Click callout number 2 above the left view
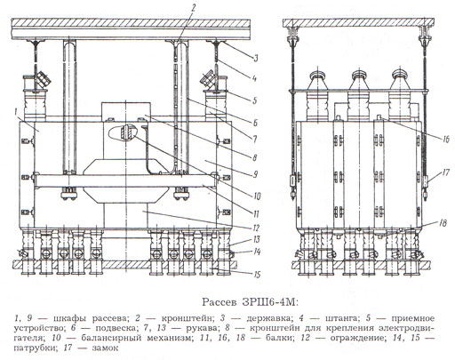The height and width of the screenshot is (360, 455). [193, 7]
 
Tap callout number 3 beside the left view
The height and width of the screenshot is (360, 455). [256, 58]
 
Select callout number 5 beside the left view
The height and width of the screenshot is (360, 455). [254, 100]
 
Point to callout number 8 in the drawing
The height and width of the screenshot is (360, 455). [254, 157]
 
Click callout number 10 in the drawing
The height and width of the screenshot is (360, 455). [257, 196]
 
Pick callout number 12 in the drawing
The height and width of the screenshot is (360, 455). [256, 228]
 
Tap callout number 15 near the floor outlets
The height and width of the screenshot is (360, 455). [257, 275]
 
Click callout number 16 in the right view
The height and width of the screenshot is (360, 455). [445, 139]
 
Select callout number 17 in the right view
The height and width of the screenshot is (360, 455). [445, 172]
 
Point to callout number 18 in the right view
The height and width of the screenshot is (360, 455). [443, 223]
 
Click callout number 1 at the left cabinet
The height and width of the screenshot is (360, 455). [16, 112]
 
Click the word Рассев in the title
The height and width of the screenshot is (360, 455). [220, 302]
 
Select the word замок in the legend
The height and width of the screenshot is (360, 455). [105, 348]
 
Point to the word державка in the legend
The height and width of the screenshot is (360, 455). [267, 319]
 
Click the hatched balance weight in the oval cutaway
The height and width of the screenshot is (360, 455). [127, 132]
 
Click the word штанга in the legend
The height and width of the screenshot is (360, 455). [342, 319]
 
